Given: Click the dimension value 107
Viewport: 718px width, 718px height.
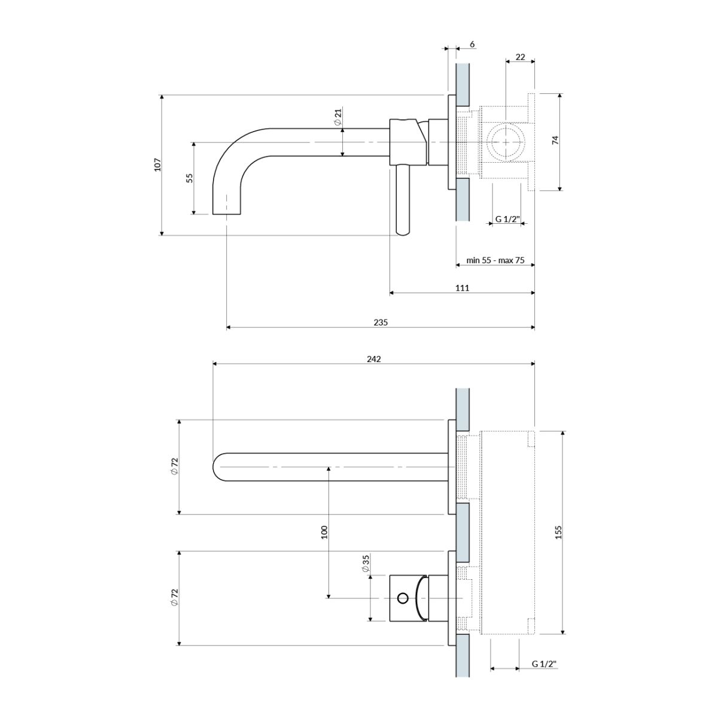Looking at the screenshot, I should click(157, 165).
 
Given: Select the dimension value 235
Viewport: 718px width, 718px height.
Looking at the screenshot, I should click(381, 322).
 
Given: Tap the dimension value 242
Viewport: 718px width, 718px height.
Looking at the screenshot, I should click(374, 359).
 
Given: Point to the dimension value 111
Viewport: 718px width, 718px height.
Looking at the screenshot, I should click(462, 288).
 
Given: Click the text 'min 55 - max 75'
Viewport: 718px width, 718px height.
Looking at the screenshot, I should click(495, 260).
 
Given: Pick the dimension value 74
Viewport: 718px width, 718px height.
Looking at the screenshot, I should click(555, 141).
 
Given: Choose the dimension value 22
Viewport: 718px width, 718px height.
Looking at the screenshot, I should click(520, 57).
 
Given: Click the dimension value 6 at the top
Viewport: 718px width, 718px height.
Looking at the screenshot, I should click(472, 44).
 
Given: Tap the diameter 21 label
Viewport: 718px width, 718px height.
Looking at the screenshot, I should click(337, 117).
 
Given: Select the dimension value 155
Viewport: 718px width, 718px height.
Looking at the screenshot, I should click(558, 532).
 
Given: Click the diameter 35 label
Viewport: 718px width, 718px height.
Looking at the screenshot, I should click(365, 564).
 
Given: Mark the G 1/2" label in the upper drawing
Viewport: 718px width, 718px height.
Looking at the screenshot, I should click(507, 220).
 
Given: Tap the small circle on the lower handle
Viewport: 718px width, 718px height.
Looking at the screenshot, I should click(403, 597).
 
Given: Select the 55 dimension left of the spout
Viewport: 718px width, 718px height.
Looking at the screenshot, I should click(190, 178).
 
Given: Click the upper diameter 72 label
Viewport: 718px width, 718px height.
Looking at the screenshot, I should click(174, 466).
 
